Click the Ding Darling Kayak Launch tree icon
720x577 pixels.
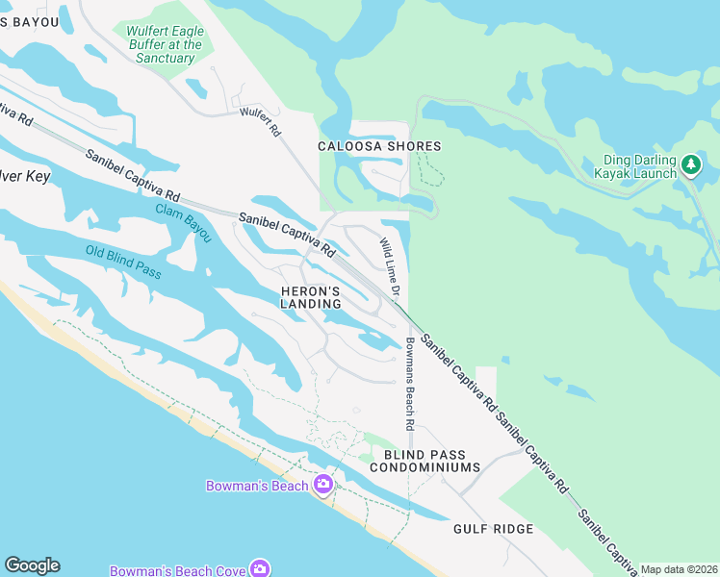[691, 164]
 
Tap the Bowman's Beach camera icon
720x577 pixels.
[323, 485]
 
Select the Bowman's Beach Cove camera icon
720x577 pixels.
[260, 569]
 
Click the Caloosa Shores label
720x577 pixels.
[379, 146]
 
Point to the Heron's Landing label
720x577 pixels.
[311, 297]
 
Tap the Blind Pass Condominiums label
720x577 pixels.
[431, 461]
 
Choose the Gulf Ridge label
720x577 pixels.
[494, 529]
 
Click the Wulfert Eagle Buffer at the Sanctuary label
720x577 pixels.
[165, 44]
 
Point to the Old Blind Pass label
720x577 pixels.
[122, 263]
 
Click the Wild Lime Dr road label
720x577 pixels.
[389, 266]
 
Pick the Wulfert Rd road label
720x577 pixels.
[260, 121]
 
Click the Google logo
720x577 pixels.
[32, 565]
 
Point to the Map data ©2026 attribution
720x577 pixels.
[678, 569]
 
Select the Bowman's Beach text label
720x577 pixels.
[257, 486]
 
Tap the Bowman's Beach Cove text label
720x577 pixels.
[177, 570]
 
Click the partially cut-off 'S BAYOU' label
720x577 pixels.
[30, 21]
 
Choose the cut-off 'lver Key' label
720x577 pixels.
[25, 177]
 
